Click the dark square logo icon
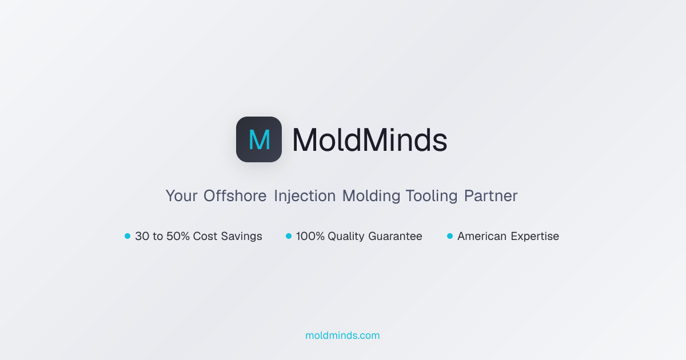[x=259, y=139]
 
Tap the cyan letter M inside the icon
[x=259, y=140]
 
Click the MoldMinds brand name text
[x=369, y=140]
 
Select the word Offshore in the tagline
[x=235, y=196]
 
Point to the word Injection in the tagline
[x=305, y=196]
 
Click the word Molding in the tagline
[x=371, y=196]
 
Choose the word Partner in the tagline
[x=490, y=196]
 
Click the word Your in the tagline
[x=181, y=196]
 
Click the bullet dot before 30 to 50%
[x=127, y=236]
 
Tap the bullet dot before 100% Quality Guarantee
[x=289, y=236]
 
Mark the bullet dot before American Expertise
[x=450, y=236]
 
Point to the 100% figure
[x=310, y=236]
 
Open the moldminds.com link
[x=342, y=335]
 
